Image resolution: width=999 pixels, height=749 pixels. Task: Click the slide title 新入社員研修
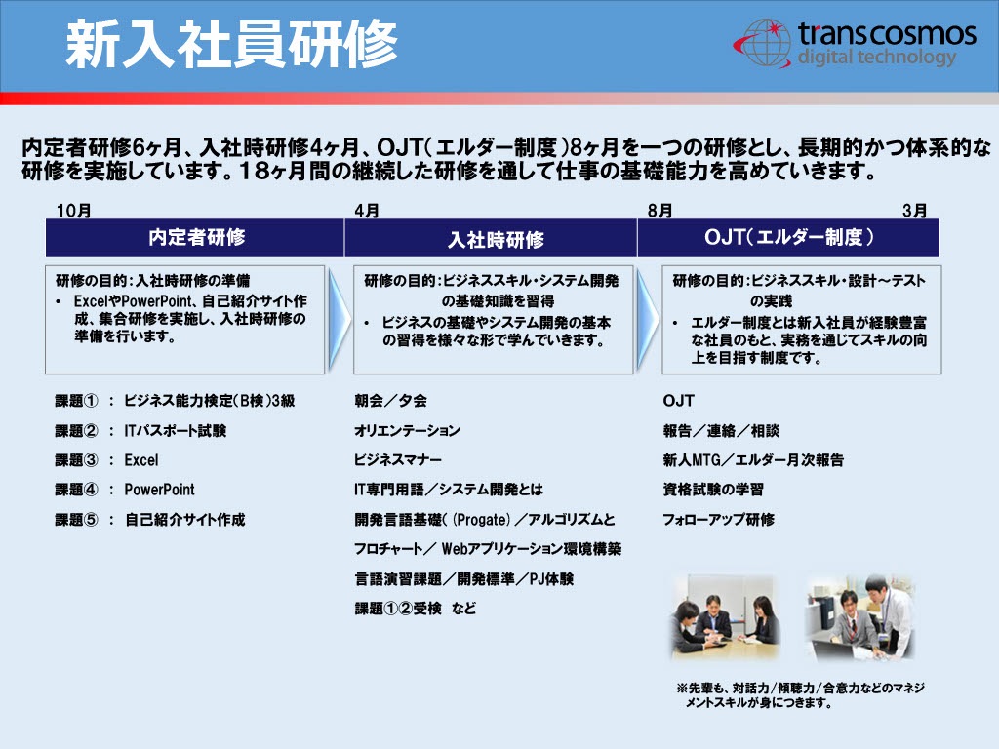231,44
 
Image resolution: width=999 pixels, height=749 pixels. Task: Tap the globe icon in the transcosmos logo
765,43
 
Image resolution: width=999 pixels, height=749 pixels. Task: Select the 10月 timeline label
73,211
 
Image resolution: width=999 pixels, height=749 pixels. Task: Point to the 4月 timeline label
367,211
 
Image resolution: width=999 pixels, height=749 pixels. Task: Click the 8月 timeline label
659,211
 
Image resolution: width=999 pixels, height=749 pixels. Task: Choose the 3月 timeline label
914,211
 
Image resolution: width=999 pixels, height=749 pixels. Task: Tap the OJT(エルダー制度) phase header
788,238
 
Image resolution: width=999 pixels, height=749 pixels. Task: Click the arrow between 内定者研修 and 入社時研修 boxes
339,319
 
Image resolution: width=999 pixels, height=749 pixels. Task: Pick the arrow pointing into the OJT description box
648,319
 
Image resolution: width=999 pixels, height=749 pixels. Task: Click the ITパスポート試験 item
176,431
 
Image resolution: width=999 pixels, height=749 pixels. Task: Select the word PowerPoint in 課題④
159,490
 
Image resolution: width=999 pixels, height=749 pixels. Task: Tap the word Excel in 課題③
140,460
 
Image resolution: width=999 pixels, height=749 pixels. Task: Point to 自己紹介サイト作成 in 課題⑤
184,520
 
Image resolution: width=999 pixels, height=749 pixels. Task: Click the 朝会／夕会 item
390,401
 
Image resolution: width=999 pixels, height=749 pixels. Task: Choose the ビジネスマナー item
398,460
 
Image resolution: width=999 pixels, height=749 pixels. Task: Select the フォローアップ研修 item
719,520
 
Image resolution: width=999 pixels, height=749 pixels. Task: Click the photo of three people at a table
726,616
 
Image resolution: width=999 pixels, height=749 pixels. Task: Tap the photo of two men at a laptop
859,616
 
